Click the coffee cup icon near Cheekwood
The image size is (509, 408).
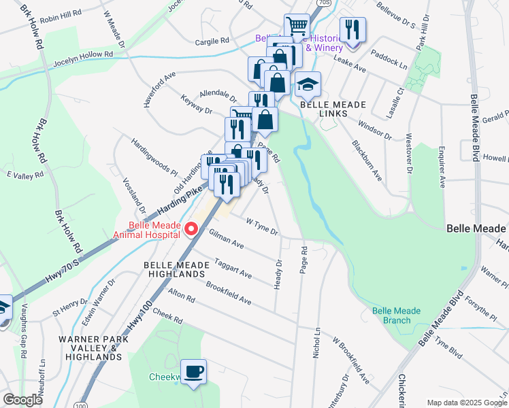click(193, 371)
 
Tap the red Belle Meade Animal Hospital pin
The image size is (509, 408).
click(191, 228)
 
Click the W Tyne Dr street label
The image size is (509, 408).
click(262, 227)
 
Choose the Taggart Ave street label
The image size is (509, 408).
click(233, 268)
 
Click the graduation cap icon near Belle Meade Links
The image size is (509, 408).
click(308, 84)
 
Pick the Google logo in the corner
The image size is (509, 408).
click(22, 400)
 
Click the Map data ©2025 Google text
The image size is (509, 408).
click(466, 402)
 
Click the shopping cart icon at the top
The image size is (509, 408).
click(297, 27)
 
